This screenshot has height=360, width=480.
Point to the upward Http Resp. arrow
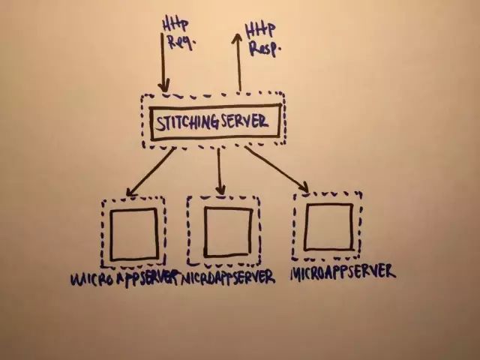click(x=239, y=64)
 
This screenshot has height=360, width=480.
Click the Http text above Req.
click(x=172, y=25)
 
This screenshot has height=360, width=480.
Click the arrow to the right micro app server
click(x=276, y=166)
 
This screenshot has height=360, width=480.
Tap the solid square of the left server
click(x=133, y=233)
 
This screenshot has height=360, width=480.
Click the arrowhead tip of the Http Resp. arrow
click(x=239, y=35)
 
